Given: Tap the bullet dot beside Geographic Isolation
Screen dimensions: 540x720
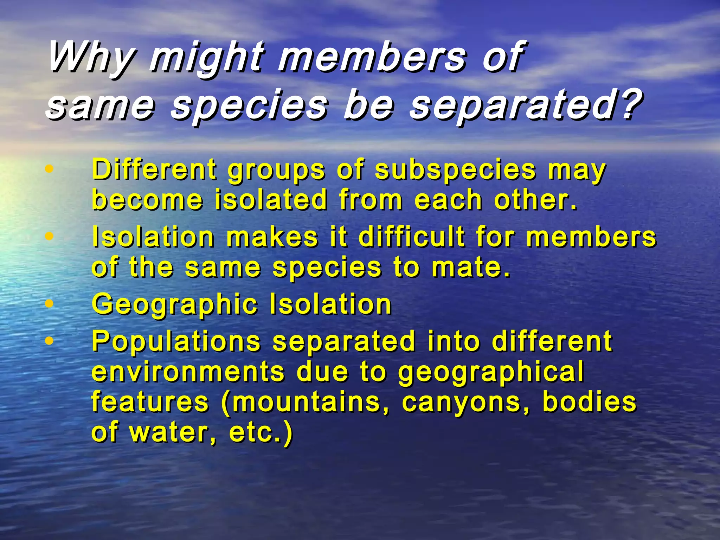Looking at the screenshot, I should (50, 303).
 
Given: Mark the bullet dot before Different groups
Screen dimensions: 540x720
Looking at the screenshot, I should (50, 169).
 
